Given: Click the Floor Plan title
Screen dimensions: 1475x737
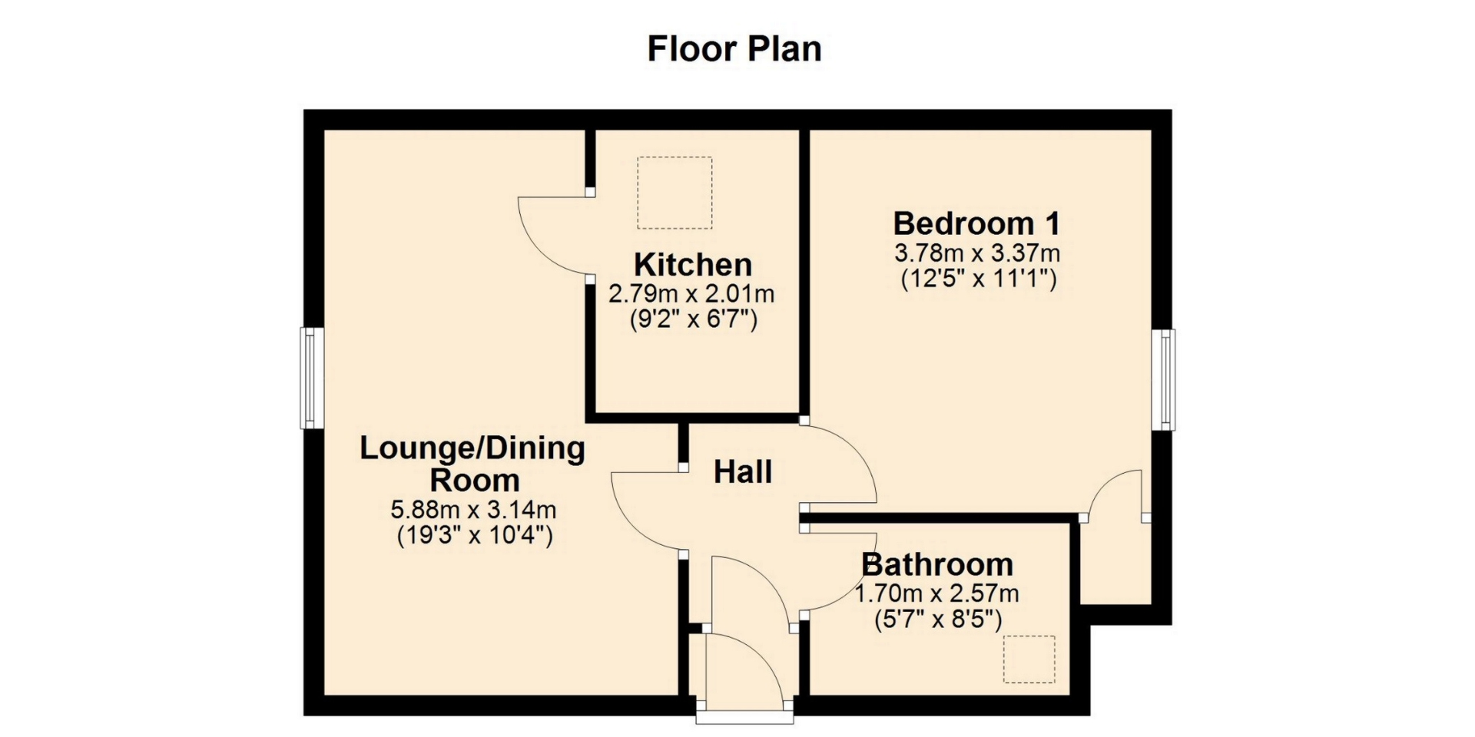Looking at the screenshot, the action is pos(734,48).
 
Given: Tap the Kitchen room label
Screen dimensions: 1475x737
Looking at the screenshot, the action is pos(693,265).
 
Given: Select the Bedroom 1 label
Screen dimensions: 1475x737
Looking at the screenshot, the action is pos(976,223).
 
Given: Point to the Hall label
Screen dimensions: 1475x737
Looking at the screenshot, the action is pos(743,472).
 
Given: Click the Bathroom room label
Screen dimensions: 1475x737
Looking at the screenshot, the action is pos(937,564).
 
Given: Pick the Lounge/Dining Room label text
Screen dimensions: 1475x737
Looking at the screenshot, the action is pos(472,464).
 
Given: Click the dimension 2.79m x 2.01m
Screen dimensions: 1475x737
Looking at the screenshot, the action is pos(691,293).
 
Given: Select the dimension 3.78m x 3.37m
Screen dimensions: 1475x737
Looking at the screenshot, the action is pos(977,252).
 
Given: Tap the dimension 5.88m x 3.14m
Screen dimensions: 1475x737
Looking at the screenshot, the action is pos(474,509).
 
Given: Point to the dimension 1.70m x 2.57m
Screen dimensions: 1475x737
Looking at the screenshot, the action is pos(937,593).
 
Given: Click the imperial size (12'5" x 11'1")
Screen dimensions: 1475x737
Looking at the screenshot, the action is pos(979,278).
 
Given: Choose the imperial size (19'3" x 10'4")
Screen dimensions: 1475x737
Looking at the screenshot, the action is pos(475,535).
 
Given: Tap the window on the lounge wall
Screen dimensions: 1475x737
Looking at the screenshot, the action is pos(310,378).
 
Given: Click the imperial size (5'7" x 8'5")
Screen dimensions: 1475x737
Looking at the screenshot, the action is pos(938,619).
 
